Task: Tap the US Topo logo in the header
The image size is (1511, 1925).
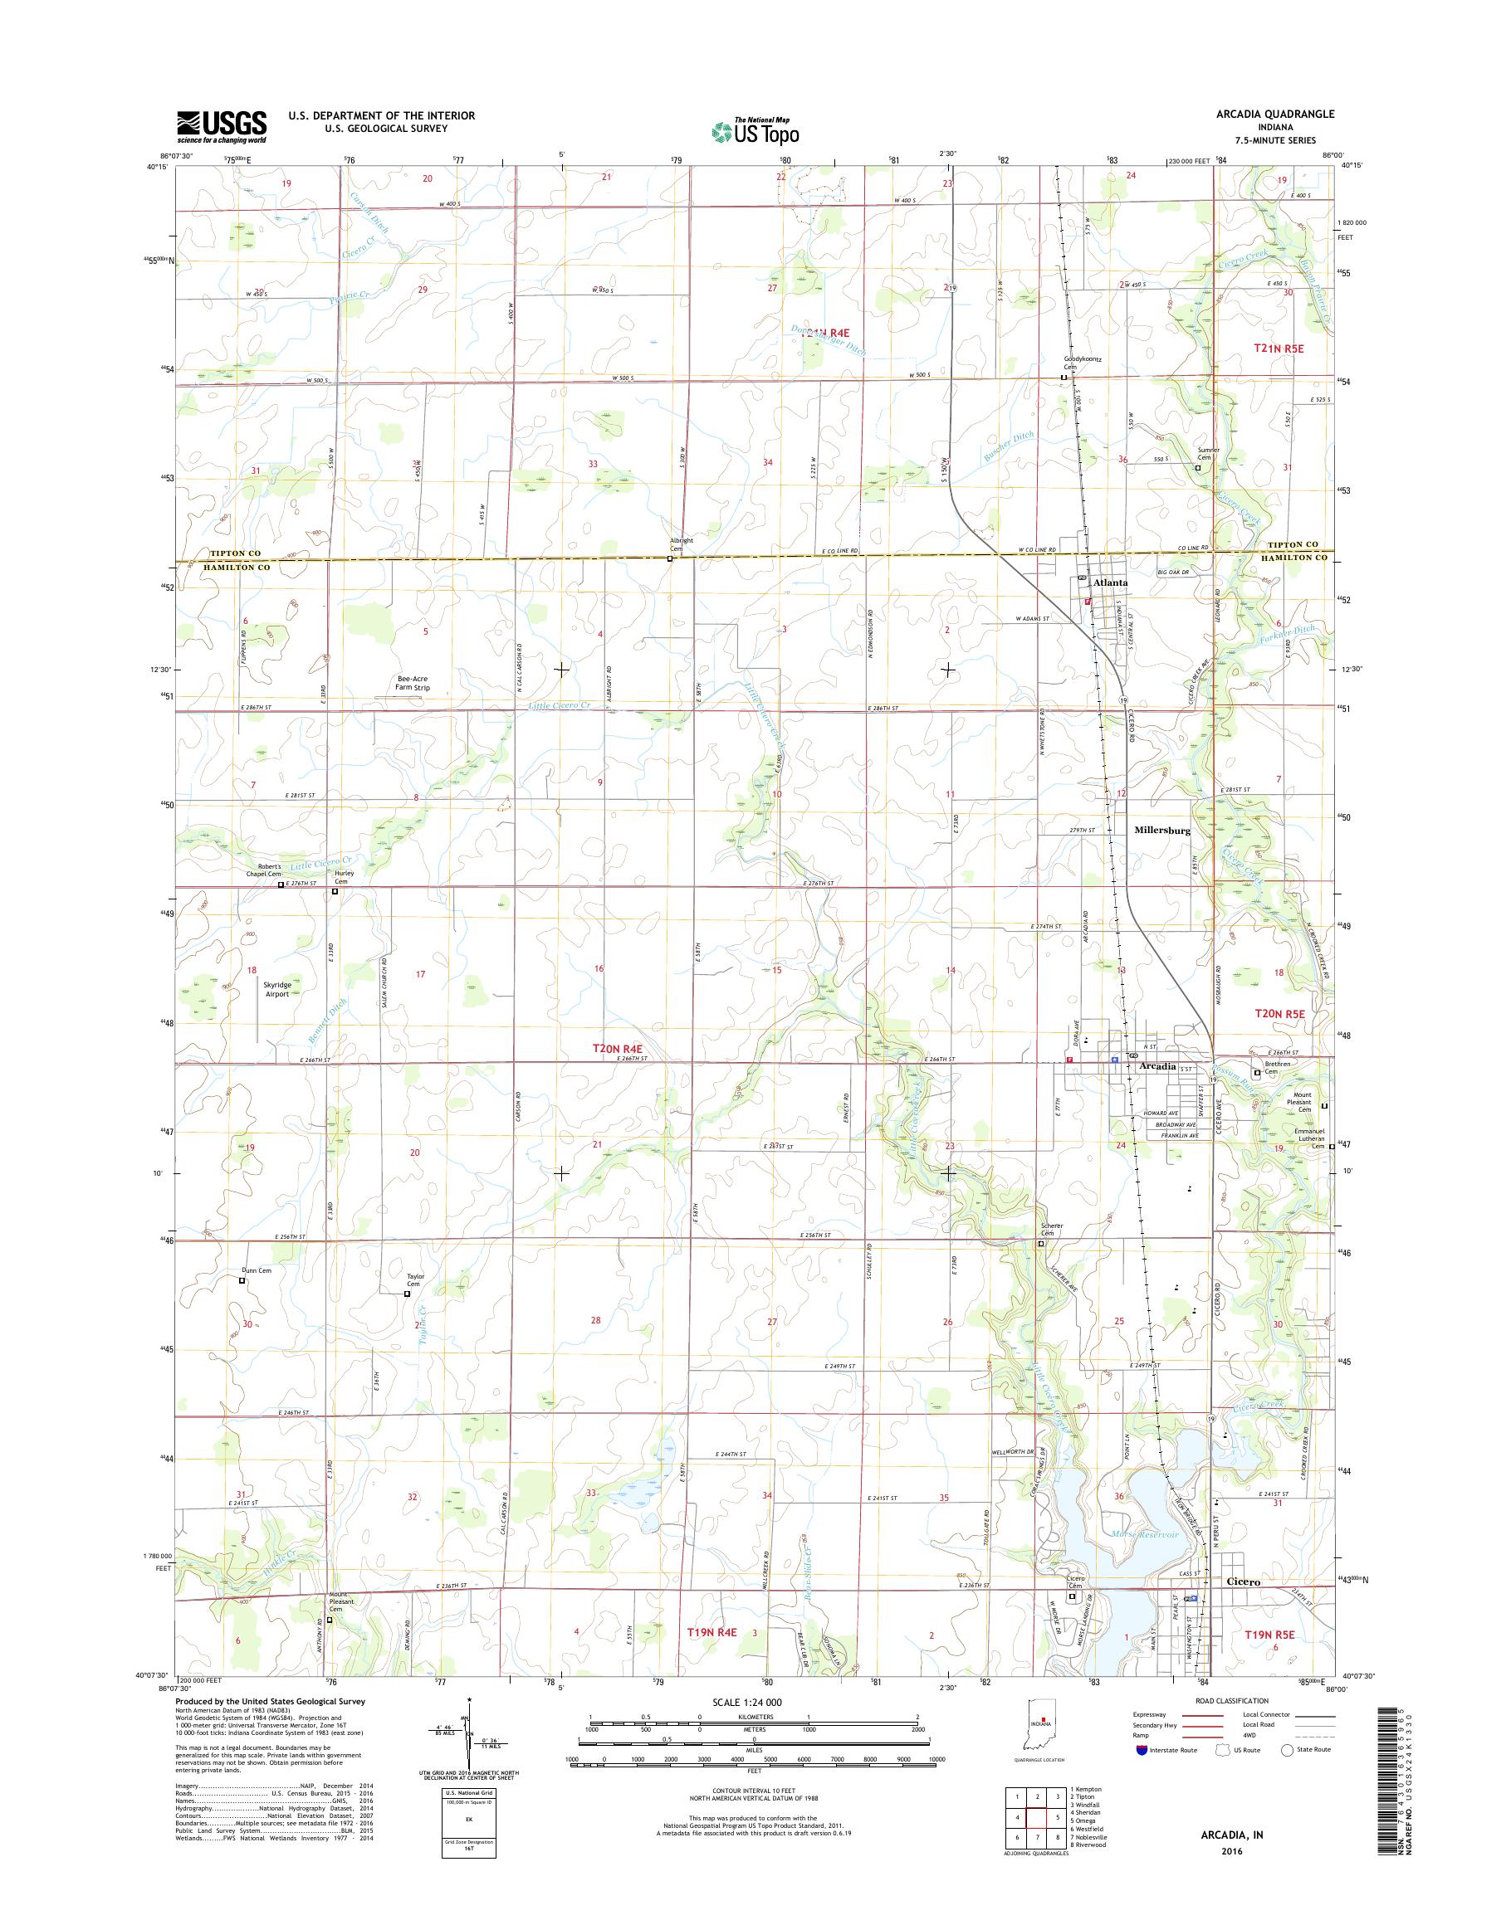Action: click(x=755, y=131)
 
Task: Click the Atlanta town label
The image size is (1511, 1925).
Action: click(x=1110, y=583)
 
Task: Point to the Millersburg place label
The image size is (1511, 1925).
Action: click(x=1162, y=831)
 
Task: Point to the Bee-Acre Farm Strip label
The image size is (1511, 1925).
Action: click(x=413, y=683)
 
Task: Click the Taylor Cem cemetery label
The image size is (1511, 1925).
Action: click(x=416, y=1279)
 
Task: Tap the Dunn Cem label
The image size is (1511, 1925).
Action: click(x=257, y=1270)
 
